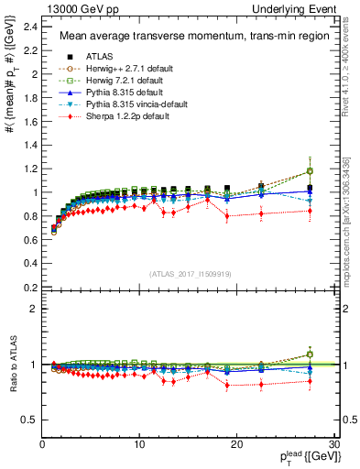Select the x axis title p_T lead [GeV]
pyautogui.click(x=307, y=459)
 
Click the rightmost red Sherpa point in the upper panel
pyautogui.click(x=310, y=211)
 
